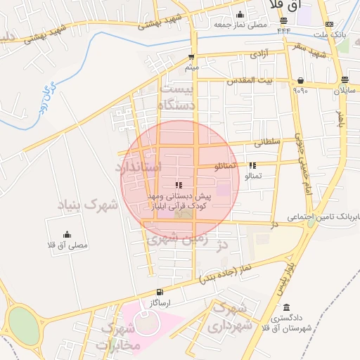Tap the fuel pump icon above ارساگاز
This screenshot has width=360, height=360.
click(x=160, y=292)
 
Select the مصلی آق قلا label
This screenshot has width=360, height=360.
click(x=67, y=245)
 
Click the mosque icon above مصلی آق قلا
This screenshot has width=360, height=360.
click(x=67, y=235)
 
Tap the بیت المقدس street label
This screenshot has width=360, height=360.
click(x=249, y=81)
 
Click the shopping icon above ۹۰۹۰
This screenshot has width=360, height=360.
click(x=301, y=80)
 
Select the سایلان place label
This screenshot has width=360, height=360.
click(x=345, y=91)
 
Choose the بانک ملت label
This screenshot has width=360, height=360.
click(x=330, y=34)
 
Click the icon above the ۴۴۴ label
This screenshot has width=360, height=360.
click(x=283, y=20)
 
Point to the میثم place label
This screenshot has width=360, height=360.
click(x=191, y=67)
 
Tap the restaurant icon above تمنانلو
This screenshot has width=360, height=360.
click(x=252, y=165)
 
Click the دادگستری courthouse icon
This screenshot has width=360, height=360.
click(x=286, y=308)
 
